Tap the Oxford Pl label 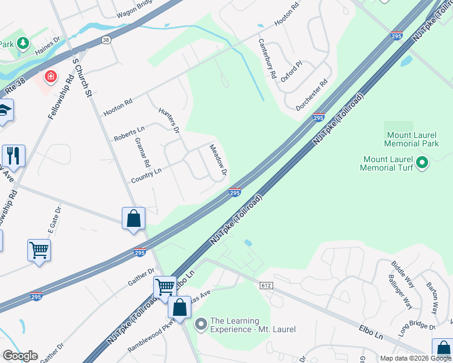pos(296,71)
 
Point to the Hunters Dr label pos(169,120)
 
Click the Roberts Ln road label pos(129,134)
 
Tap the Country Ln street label pos(147,176)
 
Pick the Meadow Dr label pos(217,160)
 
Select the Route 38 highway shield pos(107,40)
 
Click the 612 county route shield pos(266,285)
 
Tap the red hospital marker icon pos(50,77)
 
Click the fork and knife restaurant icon pos(13,155)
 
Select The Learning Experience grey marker pos(201,325)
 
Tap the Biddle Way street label pos(403,273)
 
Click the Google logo pos(20,356)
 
